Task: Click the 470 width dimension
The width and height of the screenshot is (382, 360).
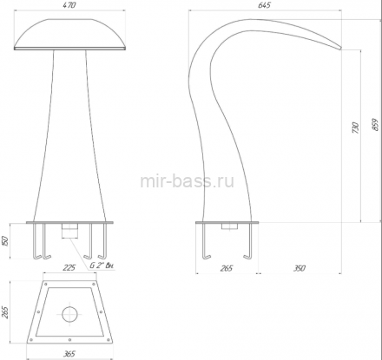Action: pos(69,5)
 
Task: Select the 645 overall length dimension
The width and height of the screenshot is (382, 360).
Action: pos(264,5)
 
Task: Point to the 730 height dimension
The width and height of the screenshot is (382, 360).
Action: pos(356,128)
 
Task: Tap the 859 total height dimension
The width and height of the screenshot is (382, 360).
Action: pos(375,125)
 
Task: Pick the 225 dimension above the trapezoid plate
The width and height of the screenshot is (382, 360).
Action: pos(69,267)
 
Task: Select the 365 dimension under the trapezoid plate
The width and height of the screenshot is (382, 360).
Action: pos(69,353)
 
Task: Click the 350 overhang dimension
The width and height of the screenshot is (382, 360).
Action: pos(300,268)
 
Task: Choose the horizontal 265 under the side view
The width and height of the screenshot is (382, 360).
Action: pos(226,268)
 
